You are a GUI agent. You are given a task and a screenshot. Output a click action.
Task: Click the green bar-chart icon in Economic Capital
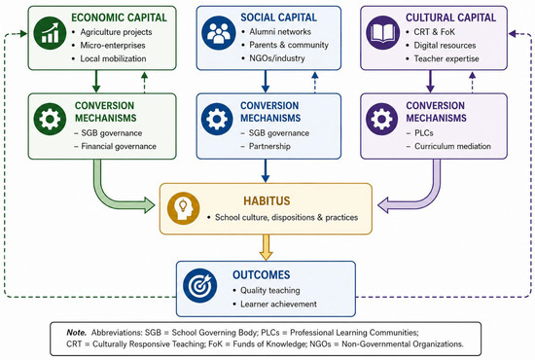tap(50, 33)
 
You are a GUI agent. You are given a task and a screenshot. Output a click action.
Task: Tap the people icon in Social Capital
tap(218, 33)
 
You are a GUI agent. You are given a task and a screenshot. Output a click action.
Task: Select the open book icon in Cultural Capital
tap(383, 33)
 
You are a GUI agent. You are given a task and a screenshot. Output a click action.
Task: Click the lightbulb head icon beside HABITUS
tap(184, 208)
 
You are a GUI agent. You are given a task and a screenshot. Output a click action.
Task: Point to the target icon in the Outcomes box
tap(200, 286)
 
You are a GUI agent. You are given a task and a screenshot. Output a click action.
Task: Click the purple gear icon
tap(382, 119)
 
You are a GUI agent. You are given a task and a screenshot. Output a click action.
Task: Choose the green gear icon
tap(50, 119)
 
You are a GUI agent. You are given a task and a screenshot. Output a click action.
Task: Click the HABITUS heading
tap(267, 201)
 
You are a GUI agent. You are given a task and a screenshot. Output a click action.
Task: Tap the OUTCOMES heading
tap(262, 274)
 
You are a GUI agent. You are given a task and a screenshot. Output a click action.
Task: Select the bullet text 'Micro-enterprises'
tap(113, 46)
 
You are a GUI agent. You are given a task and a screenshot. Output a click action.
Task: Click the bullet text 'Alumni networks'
tap(280, 32)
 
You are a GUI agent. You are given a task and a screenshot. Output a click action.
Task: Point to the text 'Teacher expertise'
tap(446, 58)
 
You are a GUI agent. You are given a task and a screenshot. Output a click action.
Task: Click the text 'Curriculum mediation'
tap(452, 146)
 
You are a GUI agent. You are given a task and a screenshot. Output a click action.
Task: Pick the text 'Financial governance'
tap(119, 146)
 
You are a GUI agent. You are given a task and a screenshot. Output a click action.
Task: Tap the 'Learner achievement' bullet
tap(278, 304)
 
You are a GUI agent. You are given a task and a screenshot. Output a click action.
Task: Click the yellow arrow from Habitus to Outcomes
tap(266, 247)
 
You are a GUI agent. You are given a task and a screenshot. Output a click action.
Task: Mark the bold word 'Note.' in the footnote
tap(77, 333)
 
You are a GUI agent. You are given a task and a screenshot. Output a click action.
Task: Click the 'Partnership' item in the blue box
tap(269, 146)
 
